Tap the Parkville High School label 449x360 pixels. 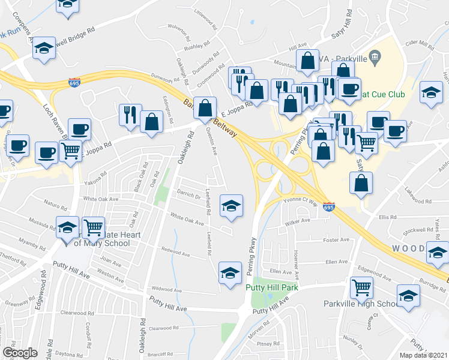(x=361, y=304)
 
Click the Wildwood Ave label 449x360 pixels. (x=166, y=289)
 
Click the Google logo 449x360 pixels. (x=20, y=353)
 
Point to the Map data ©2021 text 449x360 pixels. (x=423, y=355)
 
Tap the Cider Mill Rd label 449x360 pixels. (x=419, y=44)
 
